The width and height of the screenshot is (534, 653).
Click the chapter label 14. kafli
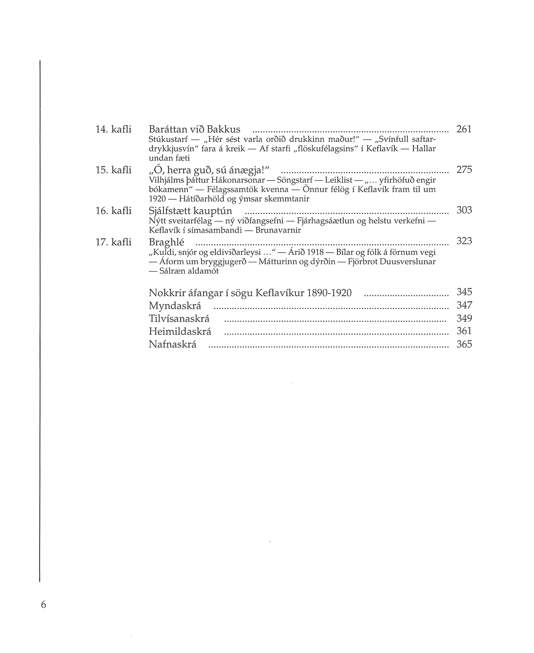[x=113, y=129]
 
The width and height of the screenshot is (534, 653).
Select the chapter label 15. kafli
[x=113, y=170]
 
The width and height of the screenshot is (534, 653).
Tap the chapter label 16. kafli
[x=113, y=211]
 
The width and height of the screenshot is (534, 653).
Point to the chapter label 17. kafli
[x=113, y=242]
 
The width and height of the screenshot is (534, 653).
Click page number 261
[x=464, y=129]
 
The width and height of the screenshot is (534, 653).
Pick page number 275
[x=464, y=170]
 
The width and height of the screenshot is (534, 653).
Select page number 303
[x=464, y=210]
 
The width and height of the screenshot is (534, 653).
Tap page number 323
[x=464, y=241]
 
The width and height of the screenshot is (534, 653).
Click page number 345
[x=464, y=292]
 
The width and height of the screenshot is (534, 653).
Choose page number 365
[x=464, y=344]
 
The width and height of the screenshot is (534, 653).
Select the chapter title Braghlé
[x=166, y=242]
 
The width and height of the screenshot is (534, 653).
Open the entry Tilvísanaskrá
[x=179, y=319]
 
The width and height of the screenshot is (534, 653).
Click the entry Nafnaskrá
[x=173, y=344]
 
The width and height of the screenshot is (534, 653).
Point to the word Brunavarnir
[x=278, y=230]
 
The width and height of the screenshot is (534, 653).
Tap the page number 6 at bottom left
[x=43, y=605]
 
